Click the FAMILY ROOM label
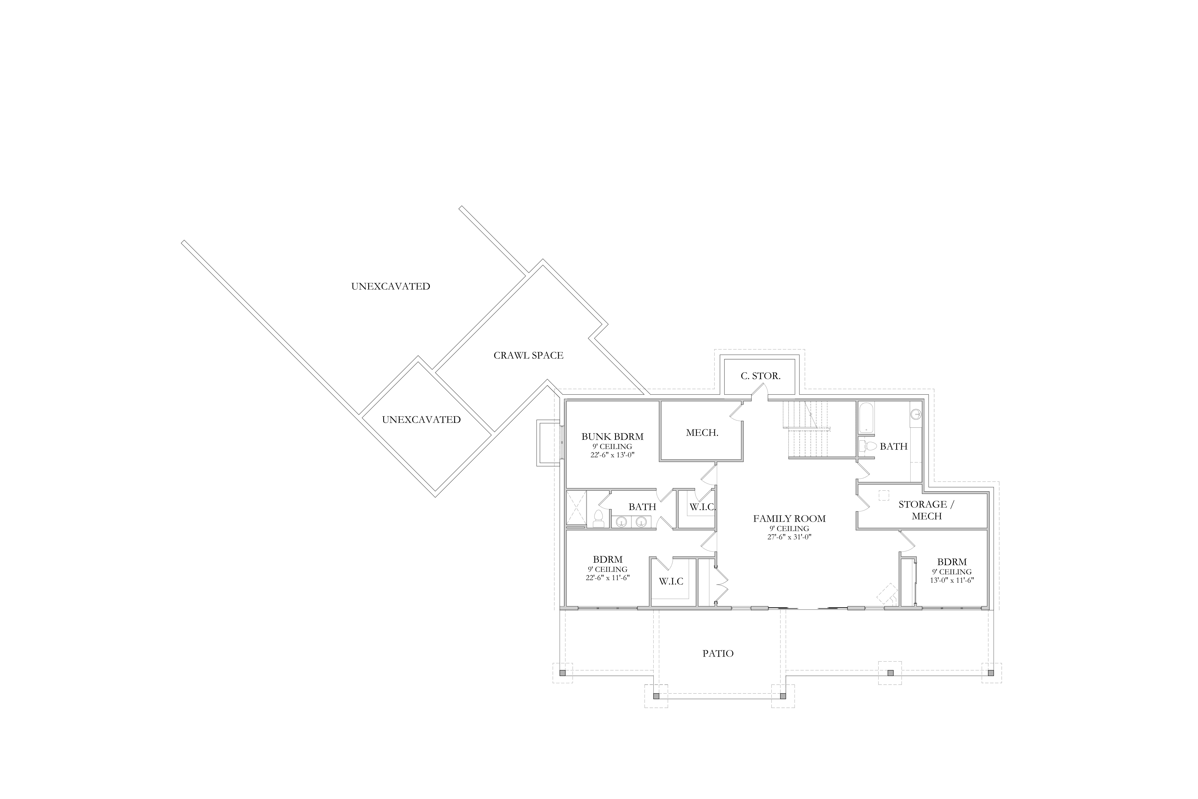pos(790,519)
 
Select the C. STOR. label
pos(760,376)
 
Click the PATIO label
pos(718,653)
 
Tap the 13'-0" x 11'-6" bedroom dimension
pos(952,580)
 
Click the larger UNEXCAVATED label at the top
pos(391,286)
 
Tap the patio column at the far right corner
pos(991,673)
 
